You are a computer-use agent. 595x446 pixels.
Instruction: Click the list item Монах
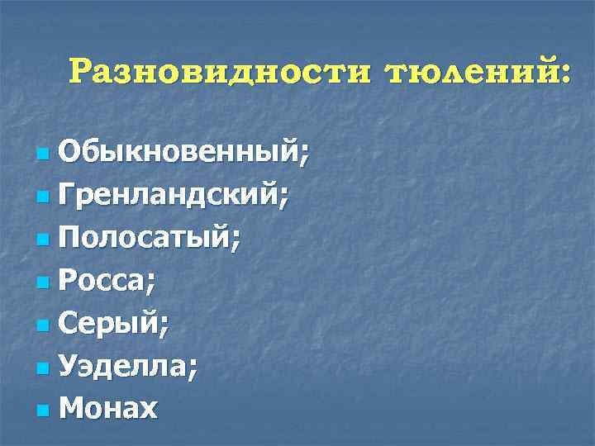coord(108,408)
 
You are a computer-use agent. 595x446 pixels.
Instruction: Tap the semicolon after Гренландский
coord(284,198)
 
